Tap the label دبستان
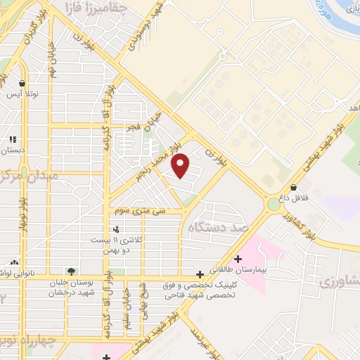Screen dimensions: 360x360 point(13,150)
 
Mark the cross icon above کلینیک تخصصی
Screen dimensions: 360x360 point(200,274)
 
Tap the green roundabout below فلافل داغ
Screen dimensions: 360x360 point(272,204)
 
